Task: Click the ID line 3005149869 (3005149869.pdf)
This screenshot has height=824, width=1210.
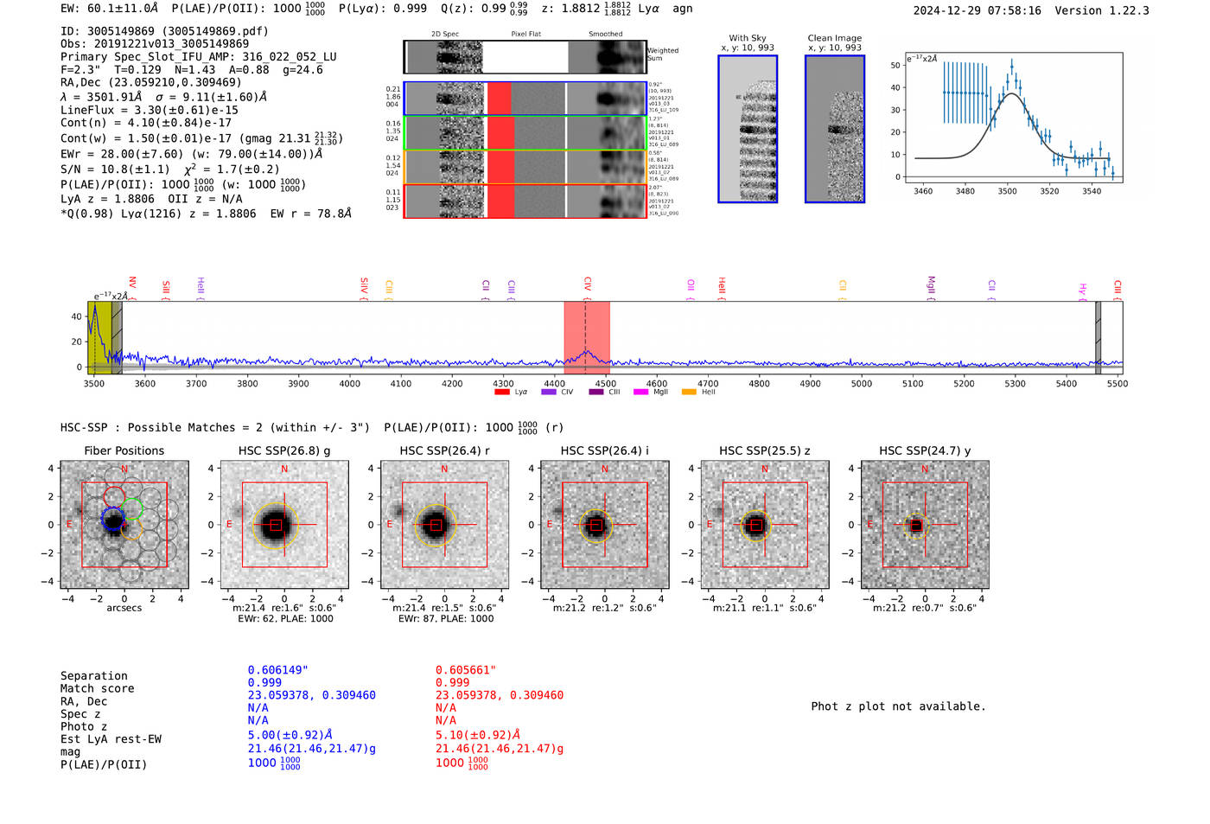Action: [164, 31]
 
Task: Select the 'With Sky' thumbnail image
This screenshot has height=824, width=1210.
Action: [748, 129]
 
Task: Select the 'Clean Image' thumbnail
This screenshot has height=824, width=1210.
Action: [834, 129]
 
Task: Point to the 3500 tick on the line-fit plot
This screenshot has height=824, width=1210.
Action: [1007, 191]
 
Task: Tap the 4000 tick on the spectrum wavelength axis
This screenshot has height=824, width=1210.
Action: [350, 383]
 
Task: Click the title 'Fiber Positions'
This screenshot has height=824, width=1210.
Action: [124, 450]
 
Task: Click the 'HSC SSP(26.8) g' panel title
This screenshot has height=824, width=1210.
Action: [284, 450]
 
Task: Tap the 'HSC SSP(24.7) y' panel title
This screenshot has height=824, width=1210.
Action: [925, 450]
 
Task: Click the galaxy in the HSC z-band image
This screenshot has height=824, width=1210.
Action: [755, 525]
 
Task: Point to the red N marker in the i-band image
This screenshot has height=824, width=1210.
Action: [605, 469]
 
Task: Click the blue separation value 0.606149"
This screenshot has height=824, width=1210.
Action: [277, 670]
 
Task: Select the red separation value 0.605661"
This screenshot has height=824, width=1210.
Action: [466, 670]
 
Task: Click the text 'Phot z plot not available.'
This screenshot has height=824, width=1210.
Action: [898, 706]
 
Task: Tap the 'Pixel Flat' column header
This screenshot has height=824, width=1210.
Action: [525, 35]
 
